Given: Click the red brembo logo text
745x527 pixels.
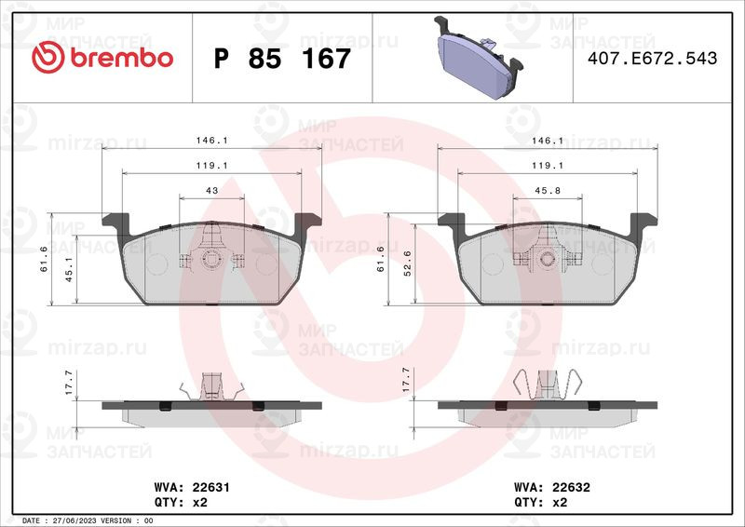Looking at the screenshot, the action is tap(122, 58).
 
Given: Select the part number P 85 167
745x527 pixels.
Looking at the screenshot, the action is tap(282, 59).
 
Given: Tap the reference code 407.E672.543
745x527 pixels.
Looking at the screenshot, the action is tap(653, 58).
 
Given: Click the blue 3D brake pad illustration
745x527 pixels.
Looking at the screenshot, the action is tap(478, 58).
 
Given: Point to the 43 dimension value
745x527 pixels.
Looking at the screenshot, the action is tap(212, 190).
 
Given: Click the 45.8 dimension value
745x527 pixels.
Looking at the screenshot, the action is tap(548, 190).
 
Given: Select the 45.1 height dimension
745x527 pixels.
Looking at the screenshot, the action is tap(69, 270).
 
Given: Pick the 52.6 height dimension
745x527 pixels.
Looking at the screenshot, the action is tap(407, 263).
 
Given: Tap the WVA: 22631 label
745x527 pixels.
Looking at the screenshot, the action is tap(192, 487).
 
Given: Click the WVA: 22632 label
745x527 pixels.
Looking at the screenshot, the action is tap(552, 487).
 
